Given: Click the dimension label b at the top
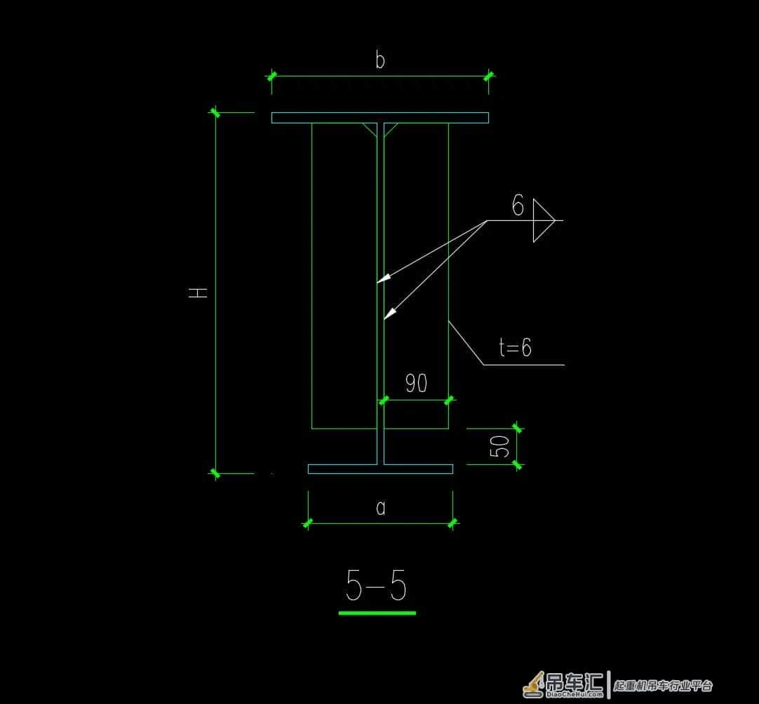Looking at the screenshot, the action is click(380, 60).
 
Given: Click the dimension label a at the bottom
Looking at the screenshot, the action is click(381, 508).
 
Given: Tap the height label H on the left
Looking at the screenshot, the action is click(198, 292).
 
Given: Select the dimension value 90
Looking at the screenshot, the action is click(416, 384).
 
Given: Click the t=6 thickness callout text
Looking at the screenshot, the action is click(515, 347).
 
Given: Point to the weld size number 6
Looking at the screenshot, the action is click(518, 205).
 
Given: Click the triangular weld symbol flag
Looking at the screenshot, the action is click(544, 220).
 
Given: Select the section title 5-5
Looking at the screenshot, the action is click(376, 585).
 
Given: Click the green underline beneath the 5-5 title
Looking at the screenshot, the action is click(377, 613).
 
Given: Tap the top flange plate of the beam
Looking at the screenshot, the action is click(380, 118).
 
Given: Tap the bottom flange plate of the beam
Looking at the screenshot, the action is click(380, 469).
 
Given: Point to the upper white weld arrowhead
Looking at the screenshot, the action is click(384, 278).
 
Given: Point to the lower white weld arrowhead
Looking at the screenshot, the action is click(389, 313).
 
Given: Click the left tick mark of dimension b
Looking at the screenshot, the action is click(271, 76).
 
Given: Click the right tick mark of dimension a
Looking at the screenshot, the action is click(452, 523).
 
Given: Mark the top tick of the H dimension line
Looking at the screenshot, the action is click(215, 113).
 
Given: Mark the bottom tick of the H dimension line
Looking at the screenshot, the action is click(215, 473).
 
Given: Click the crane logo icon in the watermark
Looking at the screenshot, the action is click(533, 684).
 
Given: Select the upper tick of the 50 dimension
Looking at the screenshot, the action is click(517, 428).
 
